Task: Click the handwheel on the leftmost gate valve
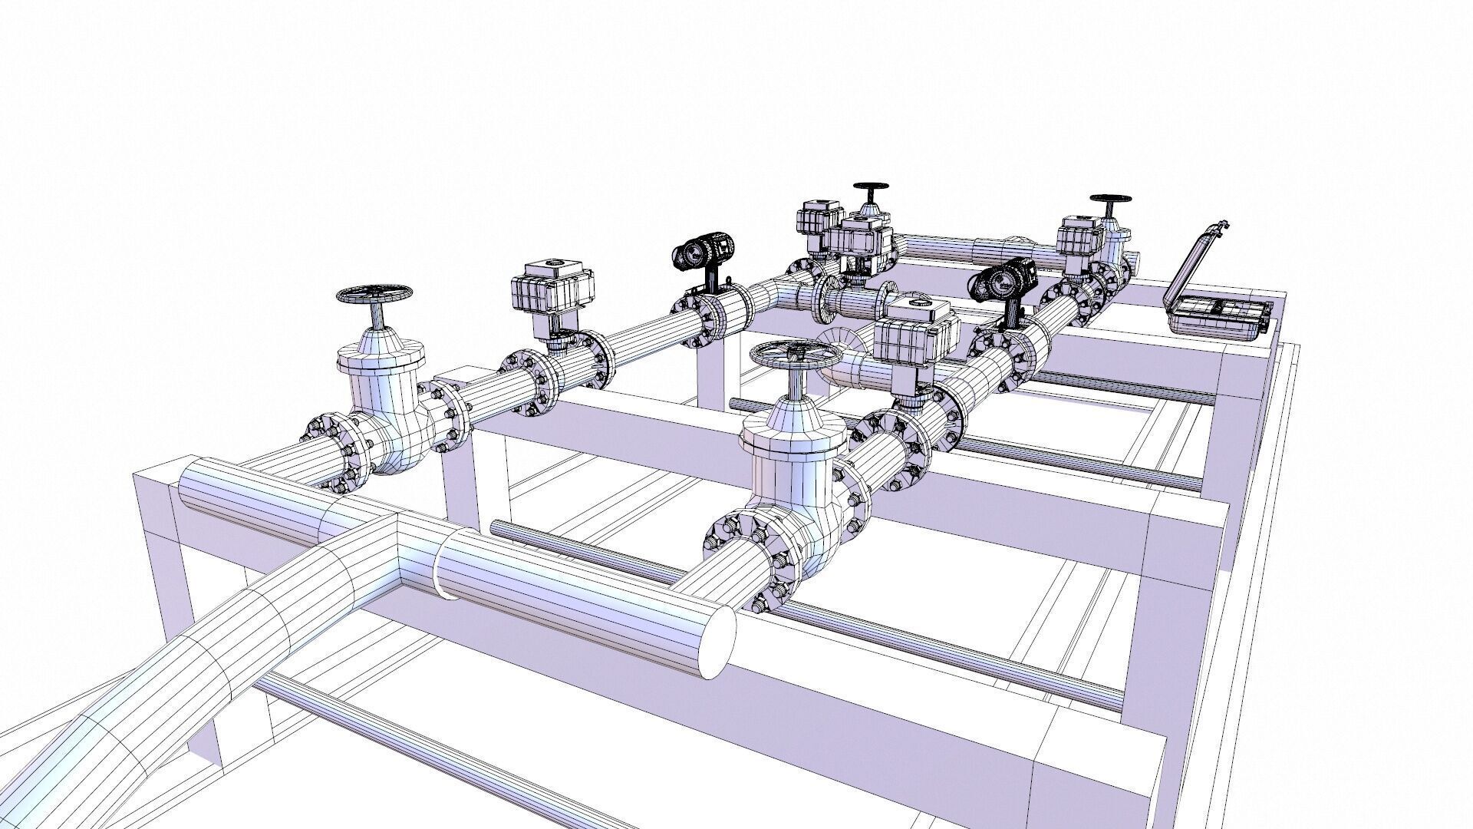pyautogui.click(x=375, y=294)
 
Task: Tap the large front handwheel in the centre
pyautogui.click(x=795, y=355)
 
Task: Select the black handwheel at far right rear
pyautogui.click(x=1110, y=199)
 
